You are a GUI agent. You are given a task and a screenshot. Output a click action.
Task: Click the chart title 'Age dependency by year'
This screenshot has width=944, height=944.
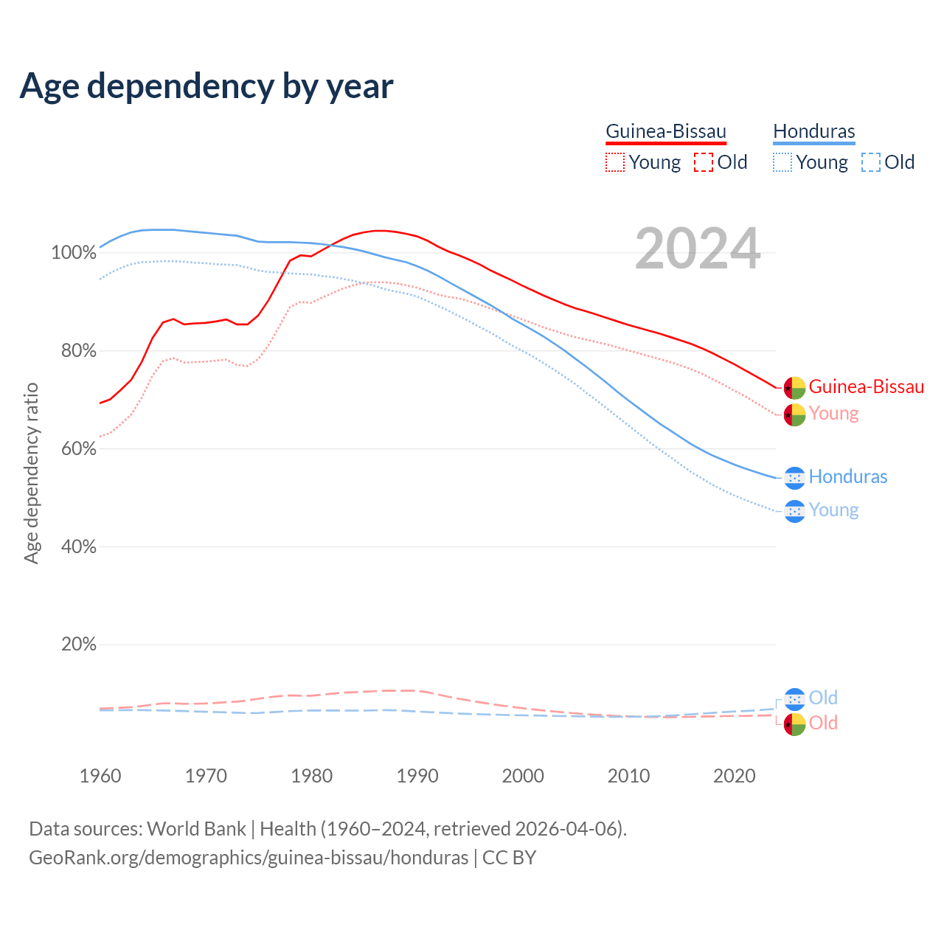206,86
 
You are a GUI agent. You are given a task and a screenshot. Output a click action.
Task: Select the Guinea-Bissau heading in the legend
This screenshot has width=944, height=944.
666,131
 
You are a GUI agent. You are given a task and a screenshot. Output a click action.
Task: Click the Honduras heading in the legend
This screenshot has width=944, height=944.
814,131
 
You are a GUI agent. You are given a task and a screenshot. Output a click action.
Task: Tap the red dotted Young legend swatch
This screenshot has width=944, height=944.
614,162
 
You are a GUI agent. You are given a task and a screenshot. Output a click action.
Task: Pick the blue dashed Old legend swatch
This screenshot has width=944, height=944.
871,162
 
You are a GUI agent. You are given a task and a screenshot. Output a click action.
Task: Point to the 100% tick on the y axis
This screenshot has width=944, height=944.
74,253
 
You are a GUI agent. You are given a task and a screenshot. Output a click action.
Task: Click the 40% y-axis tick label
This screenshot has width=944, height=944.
78,546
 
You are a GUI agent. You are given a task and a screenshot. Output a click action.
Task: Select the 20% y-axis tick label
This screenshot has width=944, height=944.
78,645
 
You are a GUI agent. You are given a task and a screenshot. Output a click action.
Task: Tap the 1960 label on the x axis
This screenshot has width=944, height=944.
100,776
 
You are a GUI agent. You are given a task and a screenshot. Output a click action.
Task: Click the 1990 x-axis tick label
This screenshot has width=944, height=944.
417,776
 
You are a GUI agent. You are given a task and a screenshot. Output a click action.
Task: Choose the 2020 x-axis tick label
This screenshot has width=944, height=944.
735,776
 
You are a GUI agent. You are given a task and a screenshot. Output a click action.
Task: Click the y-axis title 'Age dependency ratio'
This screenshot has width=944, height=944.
31,473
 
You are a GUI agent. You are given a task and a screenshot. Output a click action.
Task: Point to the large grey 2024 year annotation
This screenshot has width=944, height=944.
698,249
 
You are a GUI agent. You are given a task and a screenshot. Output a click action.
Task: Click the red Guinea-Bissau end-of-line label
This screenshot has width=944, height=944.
866,386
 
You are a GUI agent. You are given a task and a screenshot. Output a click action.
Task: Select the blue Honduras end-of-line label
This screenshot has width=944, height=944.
848,476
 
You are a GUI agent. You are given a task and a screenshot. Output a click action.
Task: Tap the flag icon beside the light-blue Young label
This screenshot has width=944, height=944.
794,511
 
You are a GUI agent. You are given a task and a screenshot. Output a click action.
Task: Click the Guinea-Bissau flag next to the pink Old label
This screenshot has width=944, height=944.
794,724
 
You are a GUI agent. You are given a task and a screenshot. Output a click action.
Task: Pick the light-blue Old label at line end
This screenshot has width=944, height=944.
823,698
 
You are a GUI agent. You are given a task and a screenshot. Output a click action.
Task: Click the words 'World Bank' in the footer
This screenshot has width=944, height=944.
196,829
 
